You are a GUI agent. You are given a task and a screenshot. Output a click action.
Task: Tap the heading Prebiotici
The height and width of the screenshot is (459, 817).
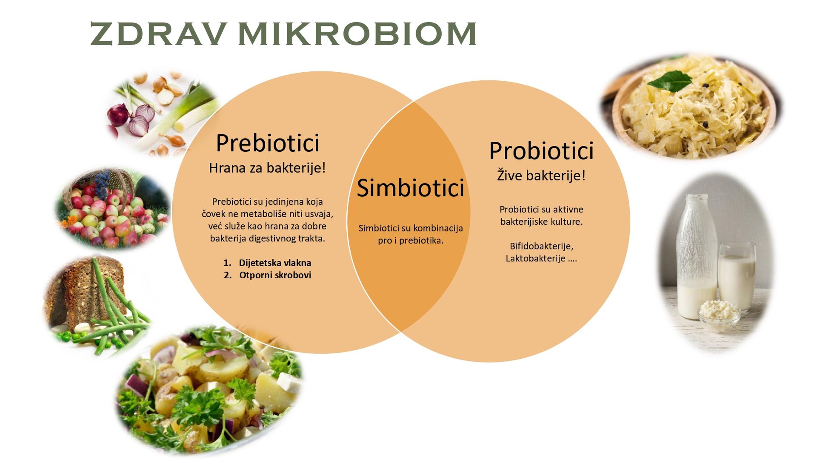tap(268, 143)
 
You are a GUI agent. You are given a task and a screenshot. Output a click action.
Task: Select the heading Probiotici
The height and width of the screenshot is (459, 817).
tap(541, 150)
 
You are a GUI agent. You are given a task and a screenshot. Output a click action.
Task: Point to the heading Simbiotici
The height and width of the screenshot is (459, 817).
tap(410, 188)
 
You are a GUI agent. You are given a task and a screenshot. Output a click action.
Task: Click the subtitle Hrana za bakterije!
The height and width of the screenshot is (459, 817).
tap(267, 168)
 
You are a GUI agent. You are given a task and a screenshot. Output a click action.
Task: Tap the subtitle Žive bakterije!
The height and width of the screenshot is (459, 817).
tap(541, 175)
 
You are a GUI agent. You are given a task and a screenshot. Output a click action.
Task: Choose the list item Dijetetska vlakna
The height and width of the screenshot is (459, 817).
tap(275, 263)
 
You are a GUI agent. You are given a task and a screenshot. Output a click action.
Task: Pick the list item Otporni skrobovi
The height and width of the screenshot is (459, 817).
tap(275, 275)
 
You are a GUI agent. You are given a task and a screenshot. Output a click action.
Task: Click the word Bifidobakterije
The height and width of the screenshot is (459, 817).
tap(541, 246)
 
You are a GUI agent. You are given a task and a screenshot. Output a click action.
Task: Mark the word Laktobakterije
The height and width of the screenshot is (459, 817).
tap(535, 258)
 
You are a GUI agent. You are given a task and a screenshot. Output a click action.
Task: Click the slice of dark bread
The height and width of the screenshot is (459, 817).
tap(87, 293)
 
